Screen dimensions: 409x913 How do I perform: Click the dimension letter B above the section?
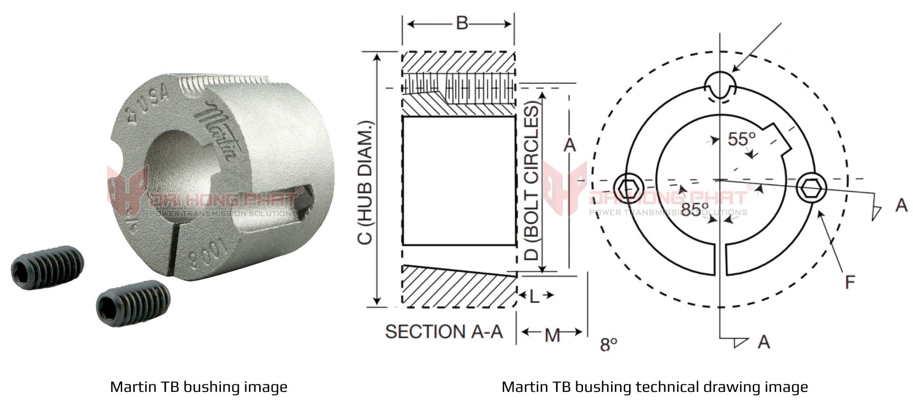[462, 23]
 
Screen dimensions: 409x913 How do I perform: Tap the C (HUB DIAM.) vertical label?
[365, 183]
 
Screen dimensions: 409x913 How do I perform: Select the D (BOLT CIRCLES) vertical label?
[533, 183]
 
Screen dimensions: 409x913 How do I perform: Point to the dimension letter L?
[534, 296]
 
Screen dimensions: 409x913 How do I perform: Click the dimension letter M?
[552, 335]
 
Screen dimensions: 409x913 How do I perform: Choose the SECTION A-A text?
[444, 331]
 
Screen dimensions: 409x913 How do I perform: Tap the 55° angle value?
[741, 139]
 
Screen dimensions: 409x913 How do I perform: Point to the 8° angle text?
[608, 344]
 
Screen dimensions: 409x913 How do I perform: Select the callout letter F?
[850, 282]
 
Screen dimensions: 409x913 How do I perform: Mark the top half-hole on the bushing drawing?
[721, 86]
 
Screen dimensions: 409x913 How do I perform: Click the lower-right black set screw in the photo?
[133, 302]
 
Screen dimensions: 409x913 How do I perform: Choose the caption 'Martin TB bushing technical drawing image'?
[655, 387]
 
